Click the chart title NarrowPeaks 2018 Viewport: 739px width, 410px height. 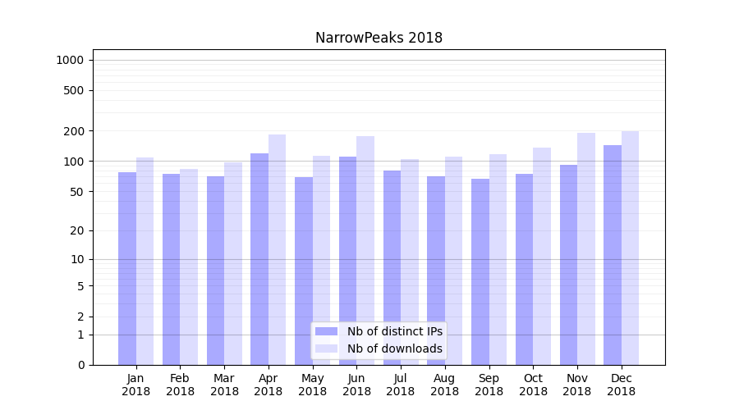point(379,38)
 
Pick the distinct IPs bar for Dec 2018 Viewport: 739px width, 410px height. point(613,255)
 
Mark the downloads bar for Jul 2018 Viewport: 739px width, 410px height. point(410,262)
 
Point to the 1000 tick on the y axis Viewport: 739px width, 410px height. point(70,60)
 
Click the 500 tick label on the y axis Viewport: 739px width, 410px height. point(73,90)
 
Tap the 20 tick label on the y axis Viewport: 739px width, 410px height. point(76,230)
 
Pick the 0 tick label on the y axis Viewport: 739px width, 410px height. point(80,365)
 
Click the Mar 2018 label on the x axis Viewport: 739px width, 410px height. point(224,385)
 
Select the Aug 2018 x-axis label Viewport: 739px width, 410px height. point(445,385)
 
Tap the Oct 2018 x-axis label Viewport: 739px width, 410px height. point(533,385)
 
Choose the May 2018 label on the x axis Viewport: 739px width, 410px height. point(313,385)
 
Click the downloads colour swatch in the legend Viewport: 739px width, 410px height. point(326,348)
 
